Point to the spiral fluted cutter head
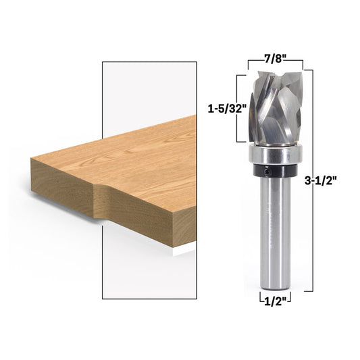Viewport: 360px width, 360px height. [x=273, y=108]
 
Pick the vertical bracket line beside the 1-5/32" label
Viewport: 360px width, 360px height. [x=237, y=108]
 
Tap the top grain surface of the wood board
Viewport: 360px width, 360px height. [x=135, y=159]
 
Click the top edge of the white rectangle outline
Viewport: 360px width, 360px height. [x=149, y=62]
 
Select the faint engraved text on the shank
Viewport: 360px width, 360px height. [x=276, y=230]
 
